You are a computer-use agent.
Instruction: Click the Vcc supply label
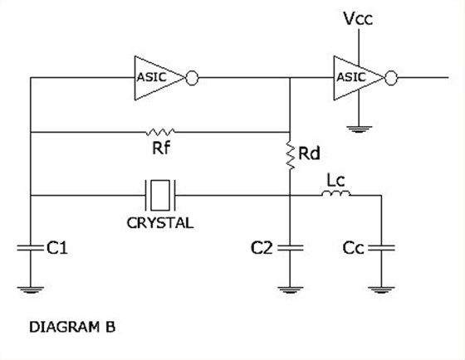(x=358, y=18)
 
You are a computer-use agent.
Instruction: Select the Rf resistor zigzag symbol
(x=160, y=132)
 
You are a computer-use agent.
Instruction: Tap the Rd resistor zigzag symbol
(x=290, y=154)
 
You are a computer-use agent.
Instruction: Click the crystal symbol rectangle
(x=160, y=195)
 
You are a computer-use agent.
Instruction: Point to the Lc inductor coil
(x=335, y=193)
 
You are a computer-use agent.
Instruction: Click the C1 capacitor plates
(x=30, y=248)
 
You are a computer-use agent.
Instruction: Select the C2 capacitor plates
(x=290, y=248)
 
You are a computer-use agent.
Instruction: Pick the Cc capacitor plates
(x=381, y=248)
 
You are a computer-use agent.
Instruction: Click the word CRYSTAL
(x=160, y=223)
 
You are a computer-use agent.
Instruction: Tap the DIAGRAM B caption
(x=72, y=327)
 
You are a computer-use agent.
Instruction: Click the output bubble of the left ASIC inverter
(x=192, y=78)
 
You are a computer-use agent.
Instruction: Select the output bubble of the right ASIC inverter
(x=391, y=78)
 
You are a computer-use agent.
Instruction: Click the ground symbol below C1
(x=30, y=289)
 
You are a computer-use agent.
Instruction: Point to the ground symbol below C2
(x=290, y=289)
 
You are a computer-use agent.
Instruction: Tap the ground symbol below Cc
(x=381, y=289)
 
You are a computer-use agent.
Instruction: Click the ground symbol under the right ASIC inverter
(x=359, y=129)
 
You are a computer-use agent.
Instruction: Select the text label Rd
(x=309, y=153)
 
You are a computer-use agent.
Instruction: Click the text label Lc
(x=335, y=181)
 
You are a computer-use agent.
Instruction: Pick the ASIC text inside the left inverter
(x=151, y=78)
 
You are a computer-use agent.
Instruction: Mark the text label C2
(x=262, y=248)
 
